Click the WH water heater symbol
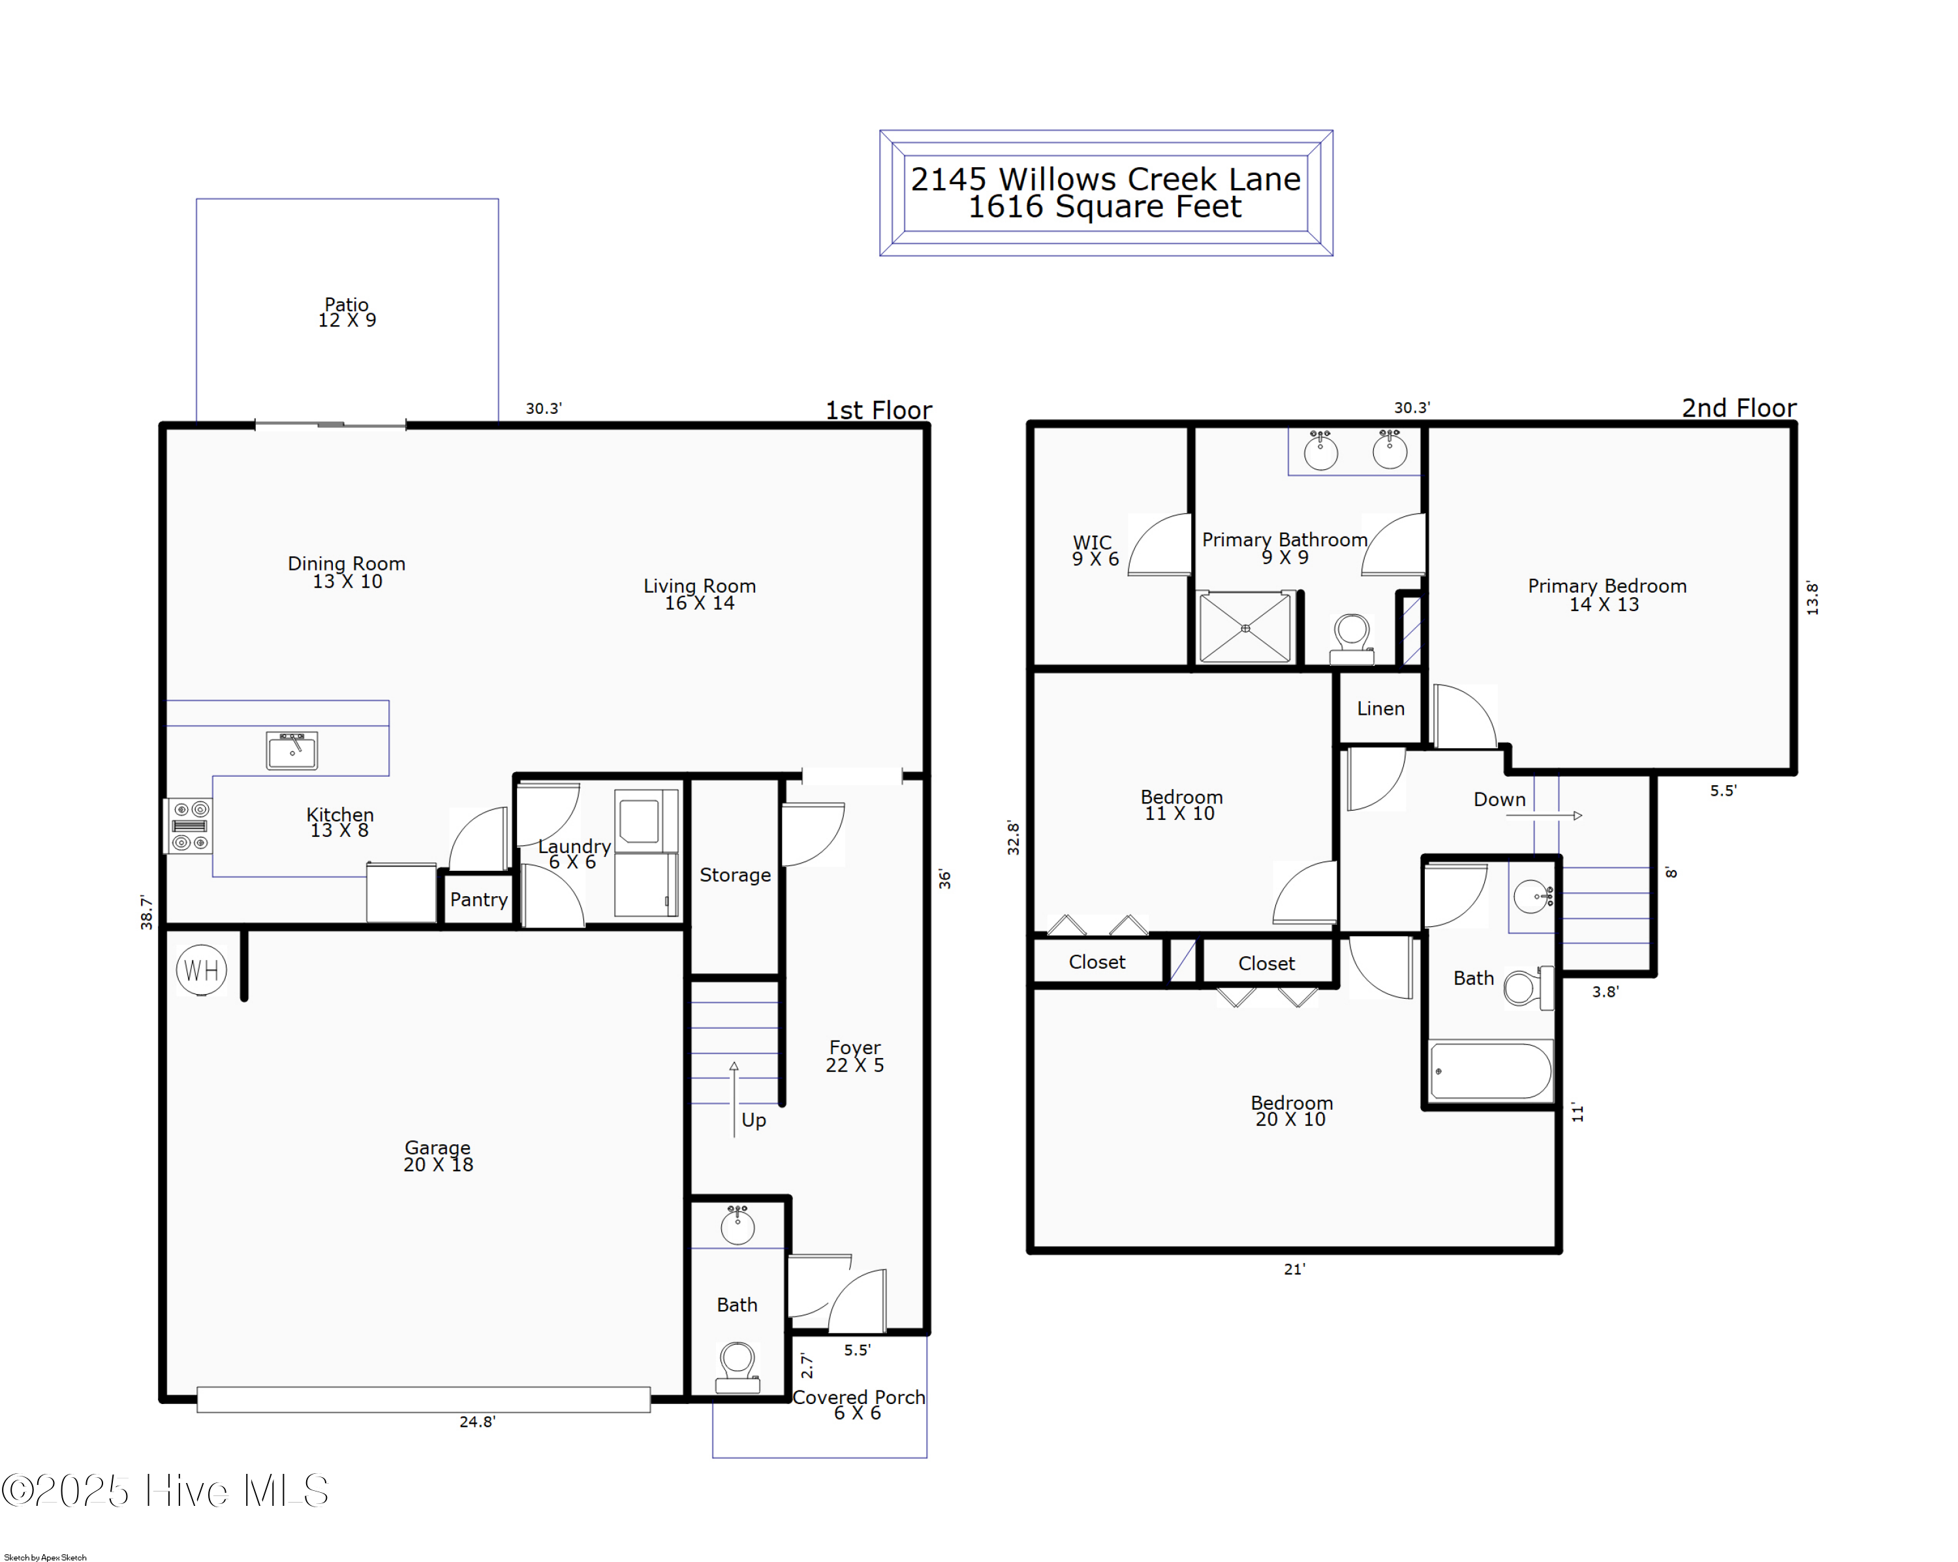[201, 970]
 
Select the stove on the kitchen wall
[189, 826]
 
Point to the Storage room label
[735, 875]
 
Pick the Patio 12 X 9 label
[347, 311]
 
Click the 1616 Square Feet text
[1104, 207]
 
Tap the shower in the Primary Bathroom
[1245, 627]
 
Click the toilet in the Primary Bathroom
[1352, 636]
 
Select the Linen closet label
[1380, 708]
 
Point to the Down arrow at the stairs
[1544, 815]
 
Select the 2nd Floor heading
[1738, 408]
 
